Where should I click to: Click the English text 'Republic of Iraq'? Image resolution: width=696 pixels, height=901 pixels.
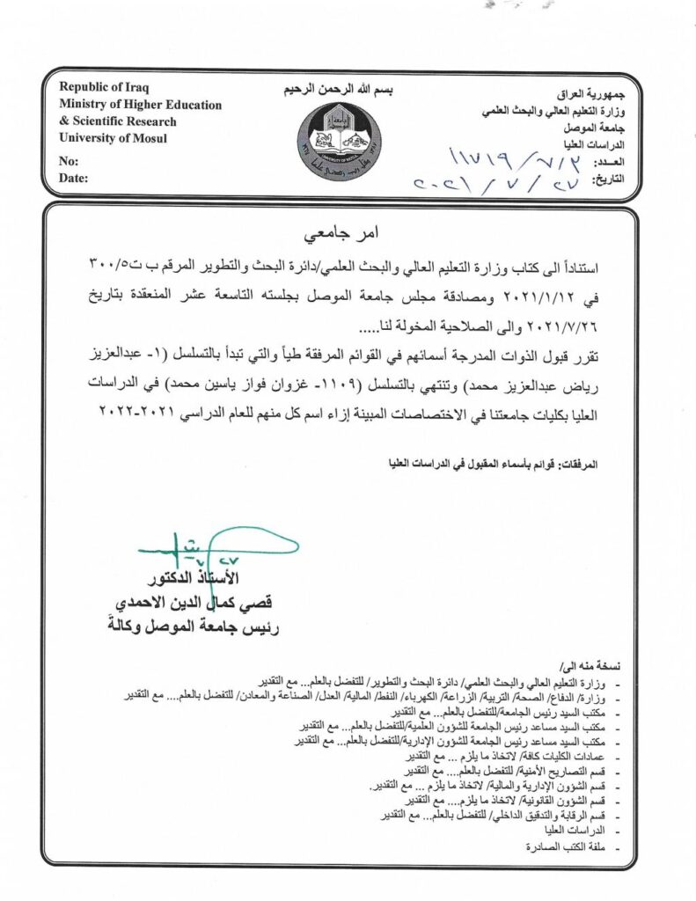click(104, 87)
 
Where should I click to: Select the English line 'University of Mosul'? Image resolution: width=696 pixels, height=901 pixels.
click(112, 137)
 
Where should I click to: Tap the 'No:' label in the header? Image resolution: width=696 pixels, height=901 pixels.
click(68, 161)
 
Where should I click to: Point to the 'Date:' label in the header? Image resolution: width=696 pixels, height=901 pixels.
click(73, 179)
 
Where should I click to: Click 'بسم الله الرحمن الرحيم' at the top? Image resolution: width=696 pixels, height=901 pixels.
click(340, 91)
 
